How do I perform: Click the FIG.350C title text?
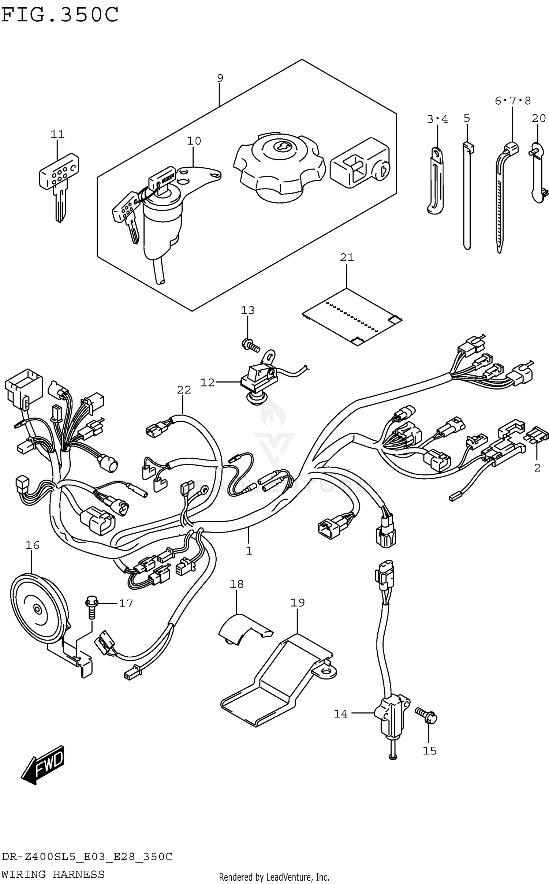click(60, 15)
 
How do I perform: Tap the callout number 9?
click(220, 78)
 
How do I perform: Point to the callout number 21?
click(347, 258)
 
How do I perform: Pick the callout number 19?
click(298, 603)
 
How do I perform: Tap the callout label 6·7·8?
click(512, 101)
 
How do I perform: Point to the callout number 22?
click(184, 390)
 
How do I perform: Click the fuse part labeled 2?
click(537, 435)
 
